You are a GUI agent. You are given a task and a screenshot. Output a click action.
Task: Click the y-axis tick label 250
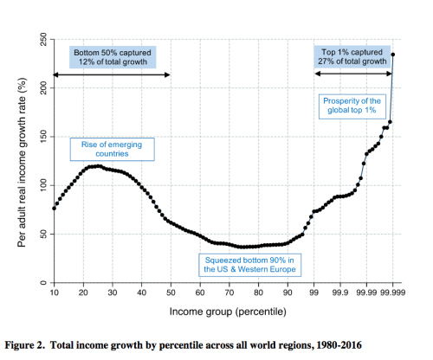pos(40,41)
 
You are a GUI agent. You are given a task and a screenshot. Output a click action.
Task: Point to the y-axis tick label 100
pos(40,185)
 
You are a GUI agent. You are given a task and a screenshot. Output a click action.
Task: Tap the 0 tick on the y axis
pos(40,283)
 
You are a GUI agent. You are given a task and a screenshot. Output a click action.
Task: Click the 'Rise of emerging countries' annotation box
pos(113,149)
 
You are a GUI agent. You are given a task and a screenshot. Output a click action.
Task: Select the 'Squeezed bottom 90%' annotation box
pos(249,264)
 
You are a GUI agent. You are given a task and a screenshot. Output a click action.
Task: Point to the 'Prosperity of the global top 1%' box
pos(352,106)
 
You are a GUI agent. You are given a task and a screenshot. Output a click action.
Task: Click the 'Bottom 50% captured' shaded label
pos(112,57)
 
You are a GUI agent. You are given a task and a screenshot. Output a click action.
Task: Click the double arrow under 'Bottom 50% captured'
pos(112,76)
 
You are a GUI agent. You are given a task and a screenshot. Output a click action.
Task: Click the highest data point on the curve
pos(393,55)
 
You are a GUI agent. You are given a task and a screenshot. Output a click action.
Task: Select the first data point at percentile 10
pos(55,209)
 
